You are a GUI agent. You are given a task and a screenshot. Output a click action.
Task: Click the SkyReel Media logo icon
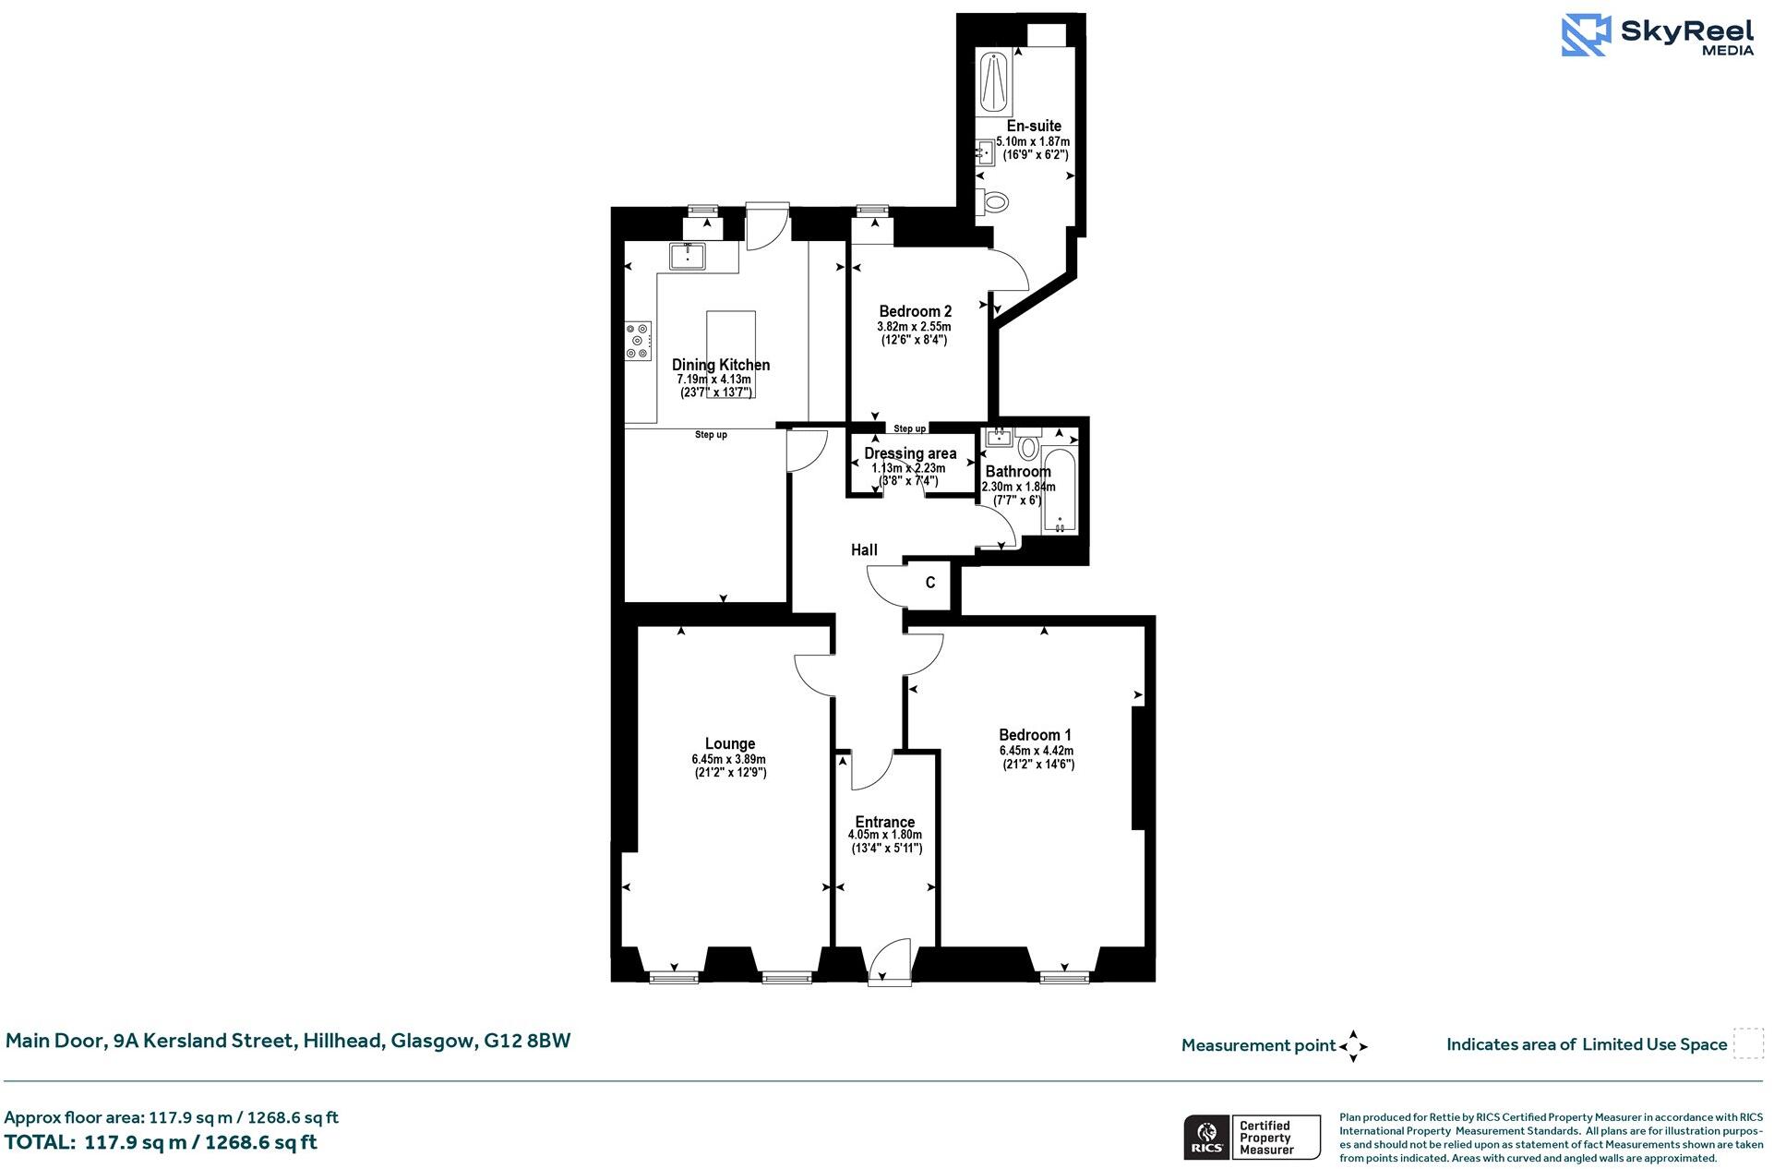[1586, 35]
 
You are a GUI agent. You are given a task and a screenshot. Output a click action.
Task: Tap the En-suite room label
[1033, 126]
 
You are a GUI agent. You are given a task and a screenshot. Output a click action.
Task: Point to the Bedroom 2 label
[914, 311]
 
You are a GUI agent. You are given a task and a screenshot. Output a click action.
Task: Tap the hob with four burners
[637, 341]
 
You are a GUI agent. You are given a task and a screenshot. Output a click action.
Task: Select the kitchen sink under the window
[687, 256]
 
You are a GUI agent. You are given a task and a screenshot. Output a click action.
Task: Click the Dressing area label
[909, 453]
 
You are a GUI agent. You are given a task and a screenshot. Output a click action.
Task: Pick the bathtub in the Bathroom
[1059, 491]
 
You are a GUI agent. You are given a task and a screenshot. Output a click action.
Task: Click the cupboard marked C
[930, 583]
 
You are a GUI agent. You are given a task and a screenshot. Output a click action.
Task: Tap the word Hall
[864, 549]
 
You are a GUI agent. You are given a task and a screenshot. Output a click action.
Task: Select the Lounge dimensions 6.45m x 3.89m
[728, 759]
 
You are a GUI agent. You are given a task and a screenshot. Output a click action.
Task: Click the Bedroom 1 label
[1035, 735]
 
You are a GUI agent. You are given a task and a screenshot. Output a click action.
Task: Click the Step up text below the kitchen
[711, 435]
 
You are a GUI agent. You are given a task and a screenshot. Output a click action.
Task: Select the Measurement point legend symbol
[1352, 1046]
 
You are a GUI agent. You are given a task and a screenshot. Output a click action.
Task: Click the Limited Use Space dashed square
[1747, 1043]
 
